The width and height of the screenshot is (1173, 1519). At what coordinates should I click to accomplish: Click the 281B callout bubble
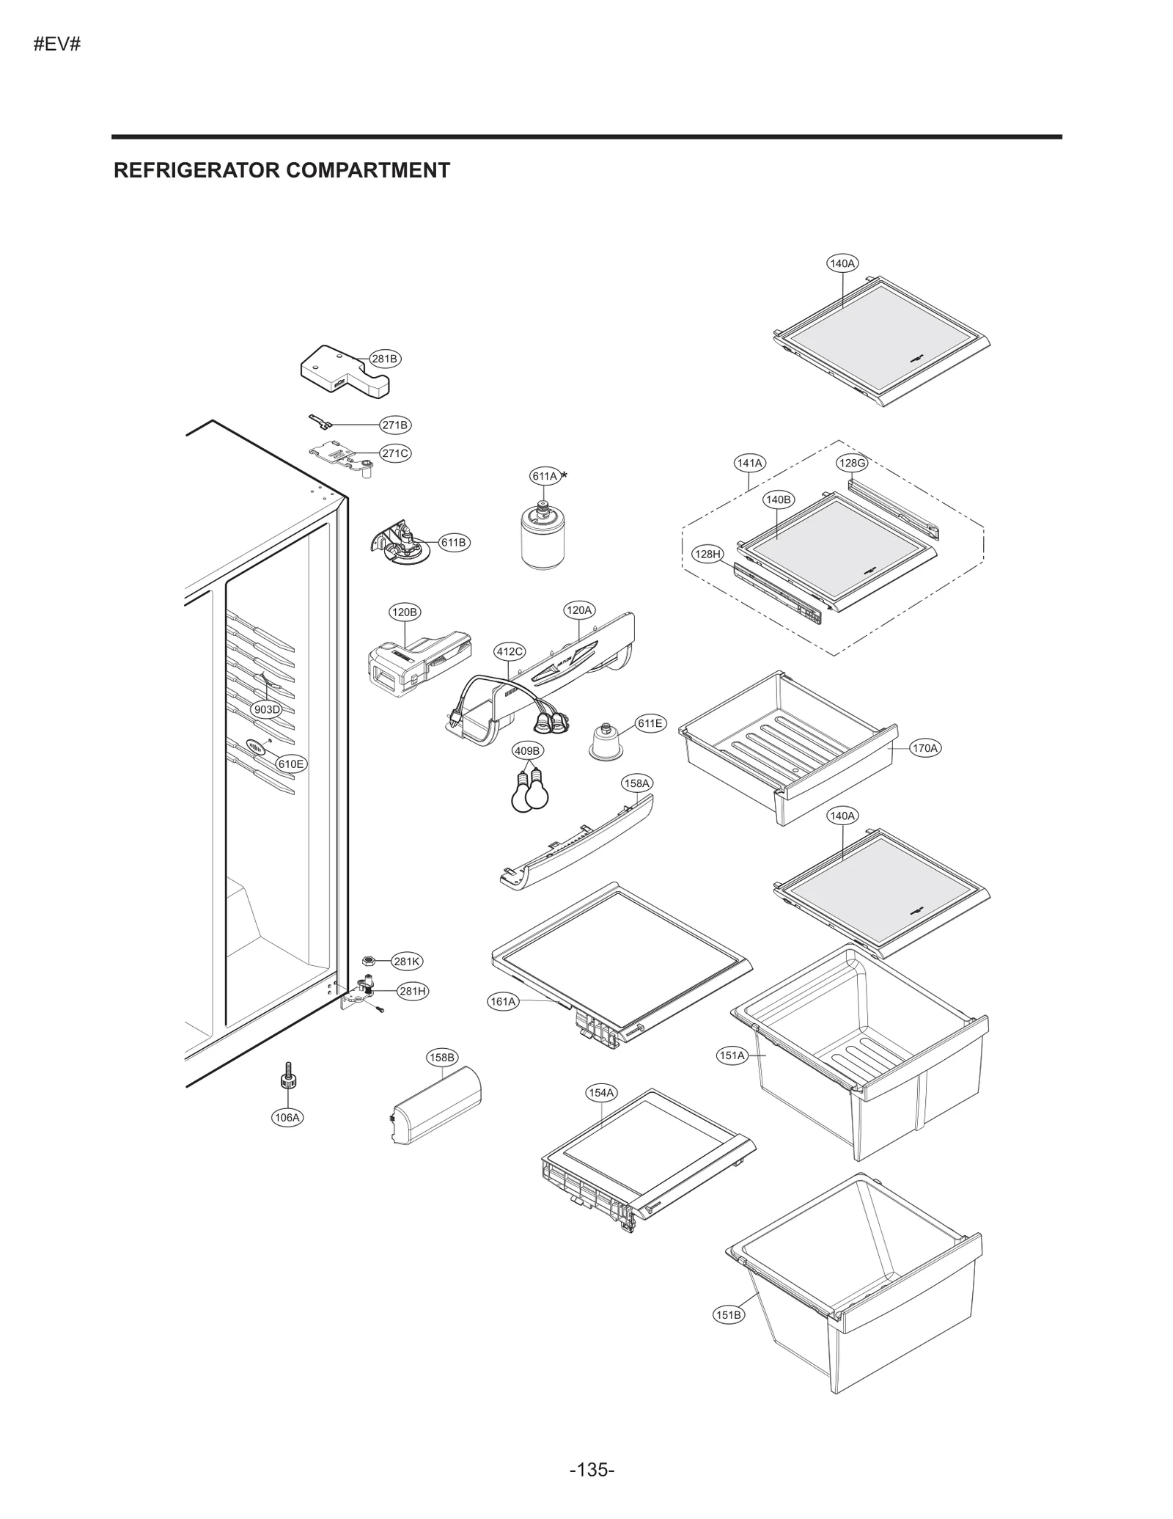[x=384, y=359]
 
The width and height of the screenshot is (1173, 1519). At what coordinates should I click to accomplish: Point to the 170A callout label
[x=924, y=748]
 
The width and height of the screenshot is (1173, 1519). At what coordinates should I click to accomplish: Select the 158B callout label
[x=442, y=1057]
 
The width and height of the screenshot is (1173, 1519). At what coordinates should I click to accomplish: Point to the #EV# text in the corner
[x=57, y=45]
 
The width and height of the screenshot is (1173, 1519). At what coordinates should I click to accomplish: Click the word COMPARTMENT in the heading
[x=367, y=170]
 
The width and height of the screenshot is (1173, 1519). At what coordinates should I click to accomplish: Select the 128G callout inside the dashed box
[x=852, y=463]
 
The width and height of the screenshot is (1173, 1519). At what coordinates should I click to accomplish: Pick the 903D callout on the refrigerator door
[x=267, y=709]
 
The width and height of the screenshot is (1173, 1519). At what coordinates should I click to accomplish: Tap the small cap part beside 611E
[x=606, y=742]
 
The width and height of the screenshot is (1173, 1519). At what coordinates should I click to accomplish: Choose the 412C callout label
[x=510, y=651]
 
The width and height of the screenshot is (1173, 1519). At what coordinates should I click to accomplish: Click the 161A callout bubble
[x=503, y=1001]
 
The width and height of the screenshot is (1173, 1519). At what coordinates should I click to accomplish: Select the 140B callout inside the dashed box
[x=778, y=499]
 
